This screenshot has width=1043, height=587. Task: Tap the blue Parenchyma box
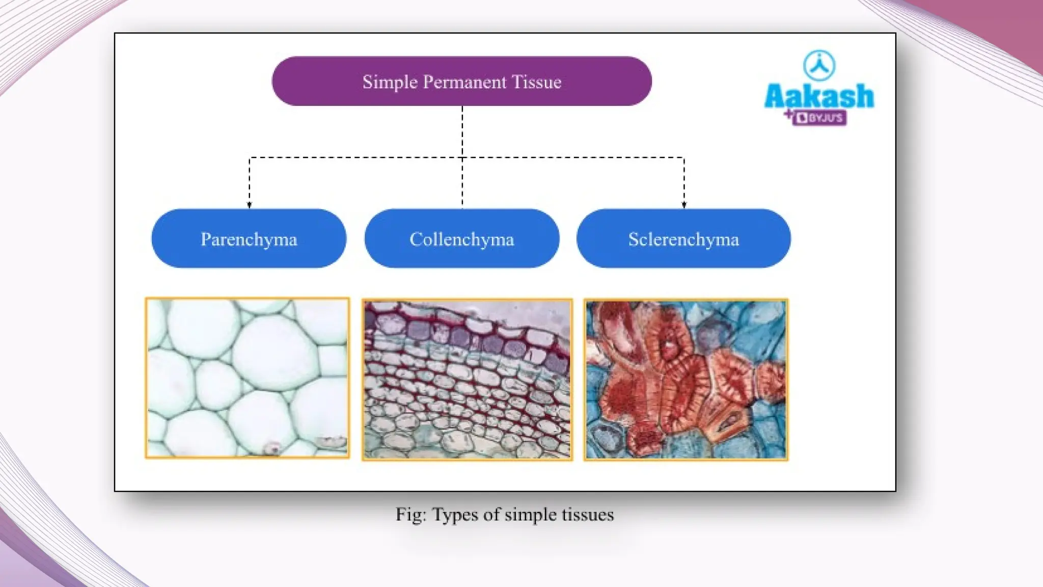coord(249,238)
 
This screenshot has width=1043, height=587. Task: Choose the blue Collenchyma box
coord(461,238)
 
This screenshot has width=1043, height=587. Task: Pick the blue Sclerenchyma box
coord(683,238)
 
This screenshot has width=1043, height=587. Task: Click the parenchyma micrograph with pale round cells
coord(248,378)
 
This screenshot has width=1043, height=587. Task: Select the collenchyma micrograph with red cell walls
coord(467,380)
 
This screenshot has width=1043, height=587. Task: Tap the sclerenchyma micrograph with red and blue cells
coord(685,380)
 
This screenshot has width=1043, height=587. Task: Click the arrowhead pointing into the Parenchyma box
coord(249,205)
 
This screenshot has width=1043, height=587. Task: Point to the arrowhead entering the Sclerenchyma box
coord(684,205)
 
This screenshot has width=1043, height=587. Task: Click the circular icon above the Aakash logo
coord(819,66)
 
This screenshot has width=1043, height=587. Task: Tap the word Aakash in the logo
coord(819,96)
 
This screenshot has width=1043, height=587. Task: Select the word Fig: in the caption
coord(410,515)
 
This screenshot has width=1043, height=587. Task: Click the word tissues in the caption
coord(588,515)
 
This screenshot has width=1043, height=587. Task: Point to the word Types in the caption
coord(455,515)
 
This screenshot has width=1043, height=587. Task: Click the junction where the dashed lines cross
coord(462,158)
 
